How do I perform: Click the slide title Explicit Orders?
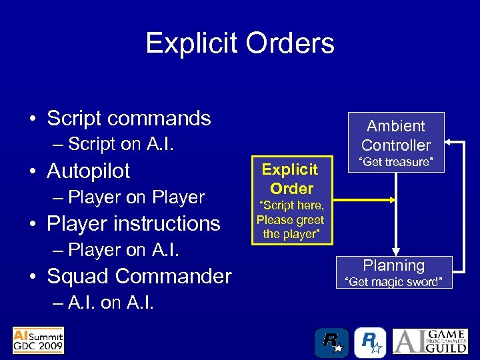coord(240,43)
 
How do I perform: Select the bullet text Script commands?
coord(129,118)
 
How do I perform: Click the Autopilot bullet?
coord(88,171)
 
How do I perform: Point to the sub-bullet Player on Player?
coord(136,197)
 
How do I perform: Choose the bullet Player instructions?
coord(133,223)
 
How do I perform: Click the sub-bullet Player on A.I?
coord(124,250)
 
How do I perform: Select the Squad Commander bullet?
coord(139,276)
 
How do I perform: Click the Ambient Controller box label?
coord(396,135)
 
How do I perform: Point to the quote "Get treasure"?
coord(396,162)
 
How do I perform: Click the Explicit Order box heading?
coord(291,178)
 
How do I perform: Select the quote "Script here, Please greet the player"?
coord(291,219)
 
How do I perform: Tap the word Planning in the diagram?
coord(393,265)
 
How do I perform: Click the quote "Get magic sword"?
coord(393,282)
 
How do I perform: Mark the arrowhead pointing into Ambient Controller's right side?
coord(449,142)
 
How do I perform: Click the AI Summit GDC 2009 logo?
coord(38,340)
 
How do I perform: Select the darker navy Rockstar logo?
coord(331,342)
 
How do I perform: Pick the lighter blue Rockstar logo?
coord(370,342)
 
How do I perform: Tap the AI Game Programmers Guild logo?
coord(429,341)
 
